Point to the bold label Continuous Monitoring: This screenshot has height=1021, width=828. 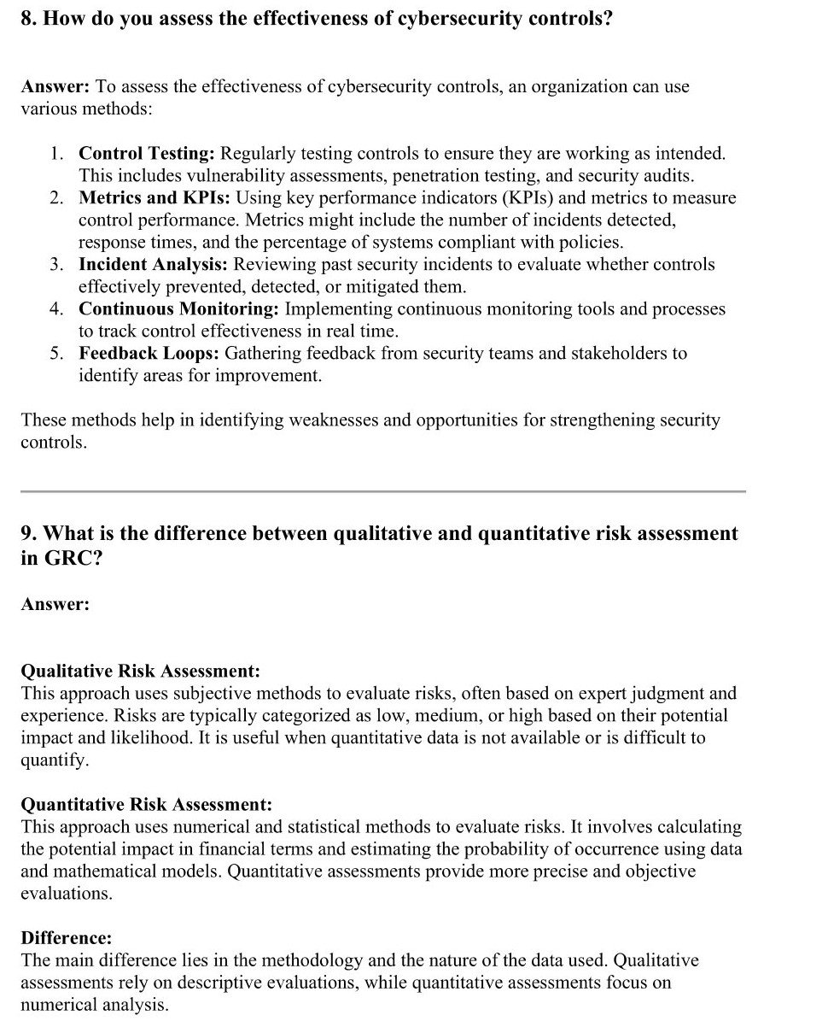click(179, 309)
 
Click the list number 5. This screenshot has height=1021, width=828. click(55, 354)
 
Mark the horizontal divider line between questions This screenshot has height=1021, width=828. click(382, 491)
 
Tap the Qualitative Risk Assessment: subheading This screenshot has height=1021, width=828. click(141, 671)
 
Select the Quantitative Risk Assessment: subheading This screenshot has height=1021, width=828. click(147, 804)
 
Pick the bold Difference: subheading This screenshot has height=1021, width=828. click(67, 937)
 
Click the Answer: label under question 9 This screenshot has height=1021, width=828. click(55, 604)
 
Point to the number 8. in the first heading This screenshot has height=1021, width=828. click(30, 19)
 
